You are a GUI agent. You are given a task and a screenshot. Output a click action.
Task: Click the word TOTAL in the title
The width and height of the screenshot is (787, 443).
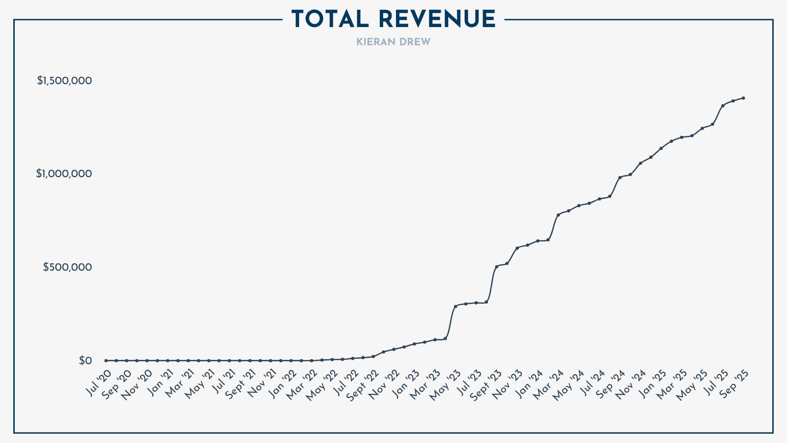330,20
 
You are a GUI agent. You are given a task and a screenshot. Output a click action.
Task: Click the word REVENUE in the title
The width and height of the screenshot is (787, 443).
437,20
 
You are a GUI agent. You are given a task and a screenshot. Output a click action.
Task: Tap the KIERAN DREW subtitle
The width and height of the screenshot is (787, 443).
393,42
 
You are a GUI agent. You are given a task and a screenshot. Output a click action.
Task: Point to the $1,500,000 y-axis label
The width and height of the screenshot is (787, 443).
64,81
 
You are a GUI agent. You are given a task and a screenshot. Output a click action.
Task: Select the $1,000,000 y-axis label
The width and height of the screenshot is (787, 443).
64,174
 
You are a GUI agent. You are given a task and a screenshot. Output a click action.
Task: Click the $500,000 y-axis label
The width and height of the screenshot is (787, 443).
67,267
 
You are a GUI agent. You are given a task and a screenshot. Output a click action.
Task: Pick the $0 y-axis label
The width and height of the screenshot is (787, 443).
85,361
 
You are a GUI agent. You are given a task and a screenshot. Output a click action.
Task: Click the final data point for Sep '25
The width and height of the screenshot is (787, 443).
743,98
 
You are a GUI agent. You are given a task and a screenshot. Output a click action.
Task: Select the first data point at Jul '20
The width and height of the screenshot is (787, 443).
106,361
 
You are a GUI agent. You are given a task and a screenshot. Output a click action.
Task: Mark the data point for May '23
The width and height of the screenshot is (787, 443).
455,306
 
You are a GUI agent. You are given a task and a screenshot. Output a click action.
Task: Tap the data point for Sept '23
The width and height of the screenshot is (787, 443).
497,266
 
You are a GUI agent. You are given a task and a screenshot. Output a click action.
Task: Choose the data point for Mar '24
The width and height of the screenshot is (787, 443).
558,215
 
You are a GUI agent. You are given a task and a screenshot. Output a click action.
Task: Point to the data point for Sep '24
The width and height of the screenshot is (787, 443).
620,177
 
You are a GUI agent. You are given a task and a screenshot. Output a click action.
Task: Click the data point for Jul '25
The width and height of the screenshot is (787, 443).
723,106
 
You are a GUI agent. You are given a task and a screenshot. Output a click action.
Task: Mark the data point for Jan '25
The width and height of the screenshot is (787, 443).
661,148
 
